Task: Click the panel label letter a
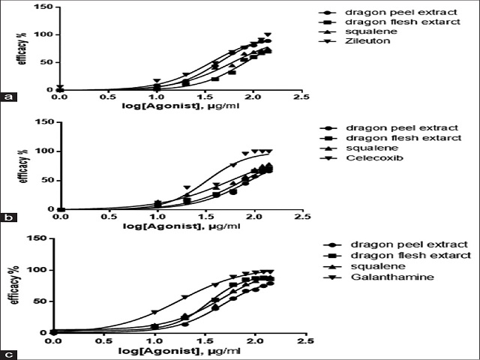pos(8,97)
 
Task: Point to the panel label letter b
pos(8,218)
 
